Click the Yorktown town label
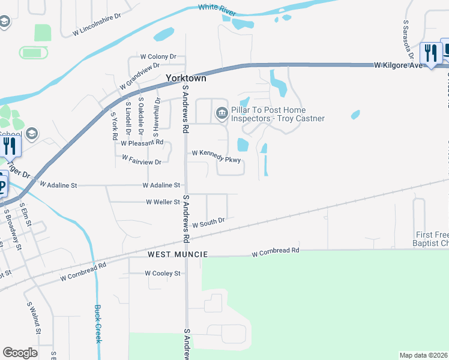[x=186, y=78]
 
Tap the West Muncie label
[x=178, y=254]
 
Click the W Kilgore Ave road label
[x=398, y=64]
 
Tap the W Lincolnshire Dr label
[x=97, y=25]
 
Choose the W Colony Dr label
[x=158, y=56]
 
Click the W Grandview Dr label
[x=139, y=76]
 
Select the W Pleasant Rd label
[x=142, y=143]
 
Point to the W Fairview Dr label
[x=142, y=160]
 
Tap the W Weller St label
[x=163, y=202]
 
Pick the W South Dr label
[x=208, y=223]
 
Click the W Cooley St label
[x=162, y=273]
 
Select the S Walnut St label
[x=34, y=318]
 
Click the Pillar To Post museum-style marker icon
[x=221, y=113]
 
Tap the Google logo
[x=20, y=353]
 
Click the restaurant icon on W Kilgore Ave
[x=430, y=54]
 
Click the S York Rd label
[x=114, y=125]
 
